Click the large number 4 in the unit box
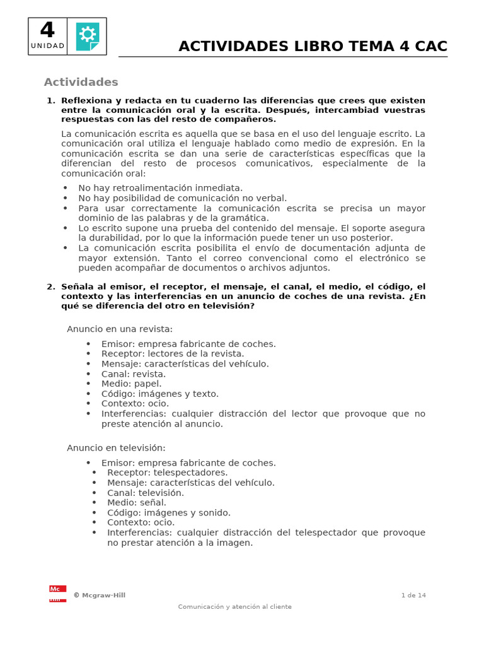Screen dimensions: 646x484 pos(47,30)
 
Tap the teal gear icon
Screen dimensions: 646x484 pos(87,36)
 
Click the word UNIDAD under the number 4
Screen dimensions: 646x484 pos(47,45)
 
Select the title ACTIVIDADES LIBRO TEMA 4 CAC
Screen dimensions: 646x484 pos(313,46)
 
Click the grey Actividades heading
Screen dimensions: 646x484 pos(81,82)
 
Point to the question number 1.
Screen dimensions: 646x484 pos(50,101)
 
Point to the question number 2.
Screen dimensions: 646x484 pos(50,286)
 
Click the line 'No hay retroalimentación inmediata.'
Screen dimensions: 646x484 pos(160,188)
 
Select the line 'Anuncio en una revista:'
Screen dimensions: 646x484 pos(120,329)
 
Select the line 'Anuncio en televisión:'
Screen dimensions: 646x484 pos(116,448)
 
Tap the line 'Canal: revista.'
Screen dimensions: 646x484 pos(134,374)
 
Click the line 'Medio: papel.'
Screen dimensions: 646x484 pos(131,384)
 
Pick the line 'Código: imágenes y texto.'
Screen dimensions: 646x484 pos(160,394)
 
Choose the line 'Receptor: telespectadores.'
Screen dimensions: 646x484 pos(168,473)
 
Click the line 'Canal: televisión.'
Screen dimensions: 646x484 pos(146,493)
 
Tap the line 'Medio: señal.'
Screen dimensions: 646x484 pos(137,503)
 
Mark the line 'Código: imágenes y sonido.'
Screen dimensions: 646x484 pos(169,513)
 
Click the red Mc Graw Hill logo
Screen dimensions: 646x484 pos(57,594)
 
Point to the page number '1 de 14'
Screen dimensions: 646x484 pos(413,595)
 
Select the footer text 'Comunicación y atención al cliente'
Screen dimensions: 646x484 pos(235,607)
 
